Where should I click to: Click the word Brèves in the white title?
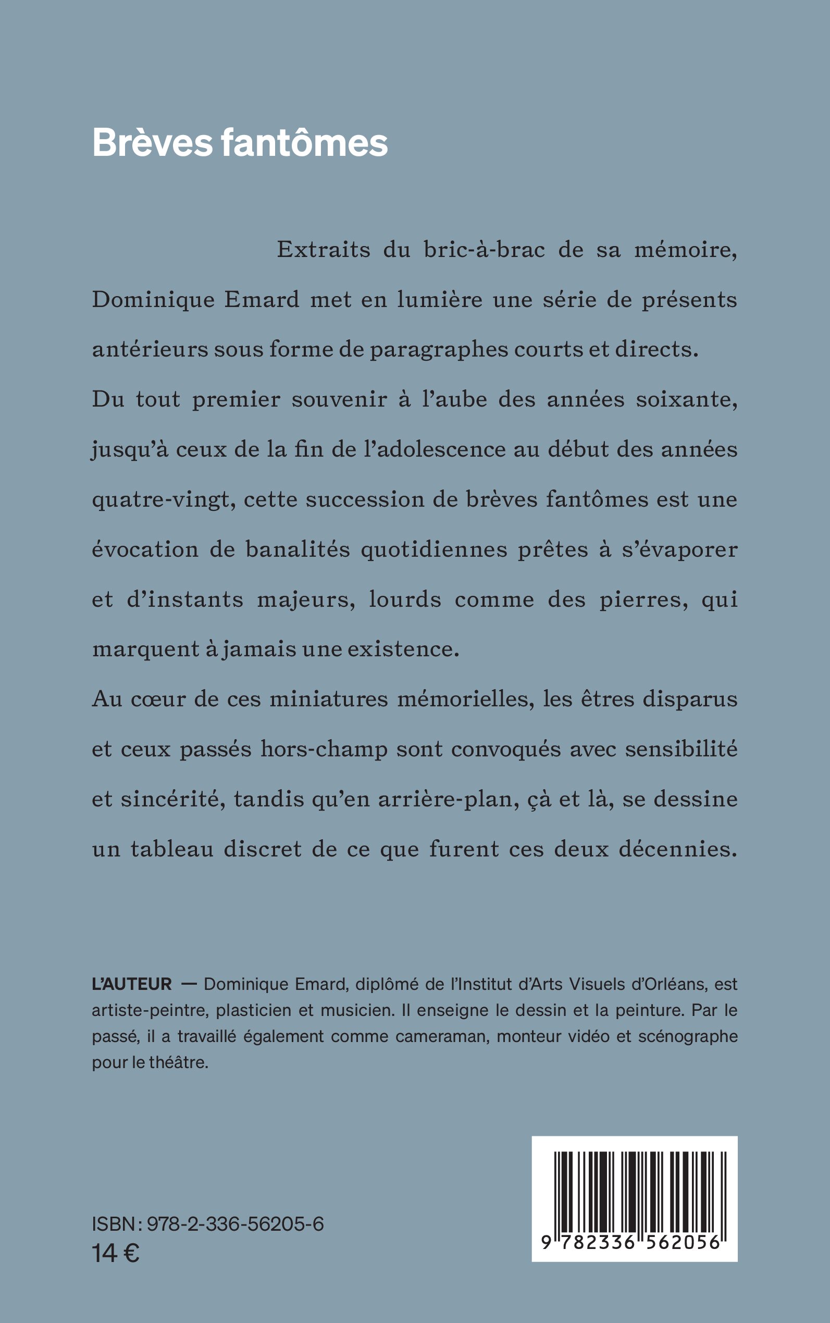coord(152,143)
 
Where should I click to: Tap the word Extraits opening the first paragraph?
coord(324,250)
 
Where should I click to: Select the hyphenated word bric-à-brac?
coord(484,250)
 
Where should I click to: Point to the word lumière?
coord(440,300)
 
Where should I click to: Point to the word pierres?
coord(643,599)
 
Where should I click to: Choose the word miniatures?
coord(328,699)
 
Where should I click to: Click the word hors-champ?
coord(324,750)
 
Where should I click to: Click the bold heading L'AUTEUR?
coord(132,984)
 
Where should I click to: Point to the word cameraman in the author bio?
coord(442,1036)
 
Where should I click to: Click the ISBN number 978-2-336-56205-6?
coord(235,1224)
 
